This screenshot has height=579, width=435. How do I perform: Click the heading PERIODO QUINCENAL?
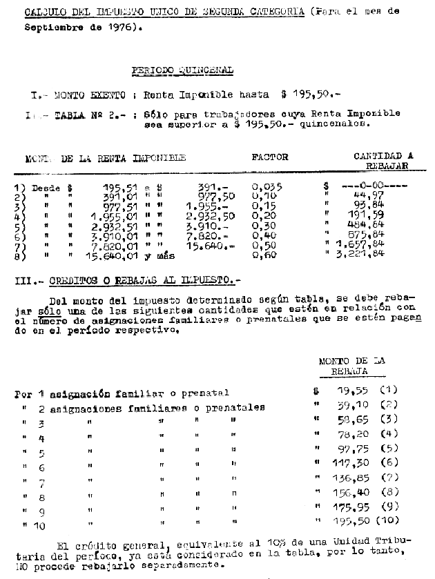182,70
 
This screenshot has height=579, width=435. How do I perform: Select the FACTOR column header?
270,157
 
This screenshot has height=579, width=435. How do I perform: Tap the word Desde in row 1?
46,187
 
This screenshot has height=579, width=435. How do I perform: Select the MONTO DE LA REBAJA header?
352,366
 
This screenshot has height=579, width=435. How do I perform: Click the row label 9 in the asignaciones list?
41,511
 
